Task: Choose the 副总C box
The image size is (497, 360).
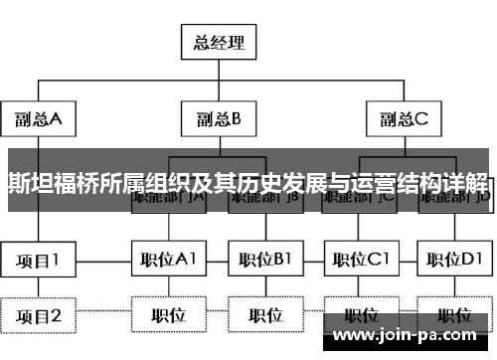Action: click(403, 120)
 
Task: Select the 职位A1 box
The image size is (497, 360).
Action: click(168, 261)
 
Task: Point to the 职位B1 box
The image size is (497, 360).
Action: click(263, 261)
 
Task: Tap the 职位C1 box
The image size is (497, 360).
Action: click(360, 261)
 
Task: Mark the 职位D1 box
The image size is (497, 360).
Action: click(454, 261)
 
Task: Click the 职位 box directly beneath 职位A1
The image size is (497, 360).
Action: click(168, 316)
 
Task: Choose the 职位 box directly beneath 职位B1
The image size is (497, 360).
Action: click(263, 316)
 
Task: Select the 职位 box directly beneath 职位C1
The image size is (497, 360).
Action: click(360, 316)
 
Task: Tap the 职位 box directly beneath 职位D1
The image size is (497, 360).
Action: click(454, 316)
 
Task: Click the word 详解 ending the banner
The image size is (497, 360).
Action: click(469, 183)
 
